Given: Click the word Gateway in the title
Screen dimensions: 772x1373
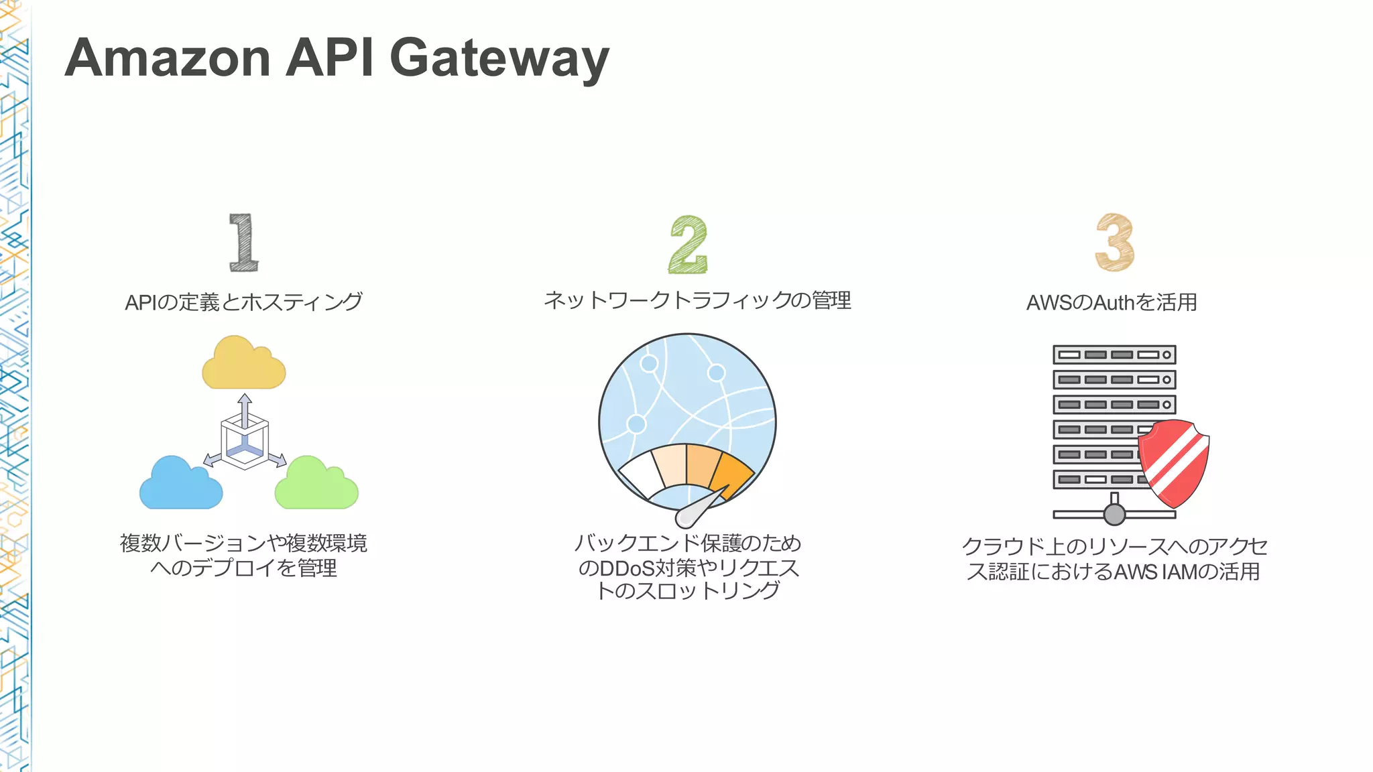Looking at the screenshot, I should pos(499,59).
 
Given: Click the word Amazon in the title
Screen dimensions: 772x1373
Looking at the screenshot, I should pos(168,59).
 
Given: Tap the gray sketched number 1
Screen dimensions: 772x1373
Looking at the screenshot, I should pos(243,243).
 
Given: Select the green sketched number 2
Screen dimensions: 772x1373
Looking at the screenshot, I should pos(688,245).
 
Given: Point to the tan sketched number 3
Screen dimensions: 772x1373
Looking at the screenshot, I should pos(1114,243).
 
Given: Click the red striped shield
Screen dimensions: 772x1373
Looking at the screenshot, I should pos(1173,462).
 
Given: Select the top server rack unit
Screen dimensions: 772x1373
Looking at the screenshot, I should pos(1114,355).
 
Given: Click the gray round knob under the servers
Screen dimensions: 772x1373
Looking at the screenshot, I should pos(1114,515).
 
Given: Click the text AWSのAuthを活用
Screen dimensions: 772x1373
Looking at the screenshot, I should pos(1112,302).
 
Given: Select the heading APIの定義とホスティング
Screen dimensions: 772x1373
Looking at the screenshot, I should pos(243,302).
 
